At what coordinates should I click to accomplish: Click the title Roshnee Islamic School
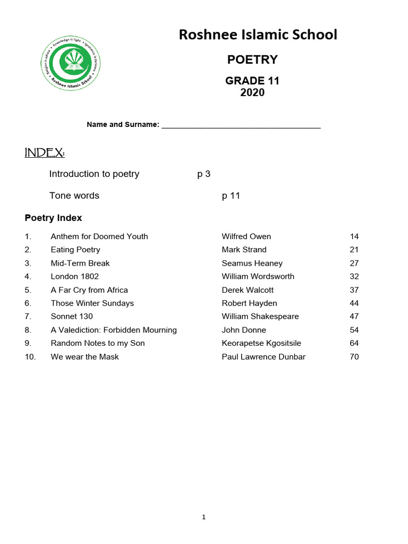click(258, 35)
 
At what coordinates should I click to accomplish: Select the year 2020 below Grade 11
click(252, 93)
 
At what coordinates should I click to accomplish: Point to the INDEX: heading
click(45, 153)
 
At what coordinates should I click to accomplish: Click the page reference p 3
click(204, 174)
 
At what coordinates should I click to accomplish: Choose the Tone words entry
click(74, 195)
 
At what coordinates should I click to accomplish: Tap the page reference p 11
click(231, 195)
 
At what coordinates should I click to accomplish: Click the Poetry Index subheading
click(54, 218)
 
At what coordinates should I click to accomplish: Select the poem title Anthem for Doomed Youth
click(99, 236)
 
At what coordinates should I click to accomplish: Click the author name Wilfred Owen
click(246, 236)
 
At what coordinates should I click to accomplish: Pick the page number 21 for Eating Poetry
click(354, 250)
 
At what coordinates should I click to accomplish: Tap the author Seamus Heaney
click(252, 263)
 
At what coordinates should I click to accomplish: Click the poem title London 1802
click(75, 276)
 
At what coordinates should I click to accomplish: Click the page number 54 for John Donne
click(354, 330)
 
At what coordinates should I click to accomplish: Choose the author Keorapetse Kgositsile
click(261, 343)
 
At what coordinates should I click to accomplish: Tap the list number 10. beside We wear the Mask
click(30, 357)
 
